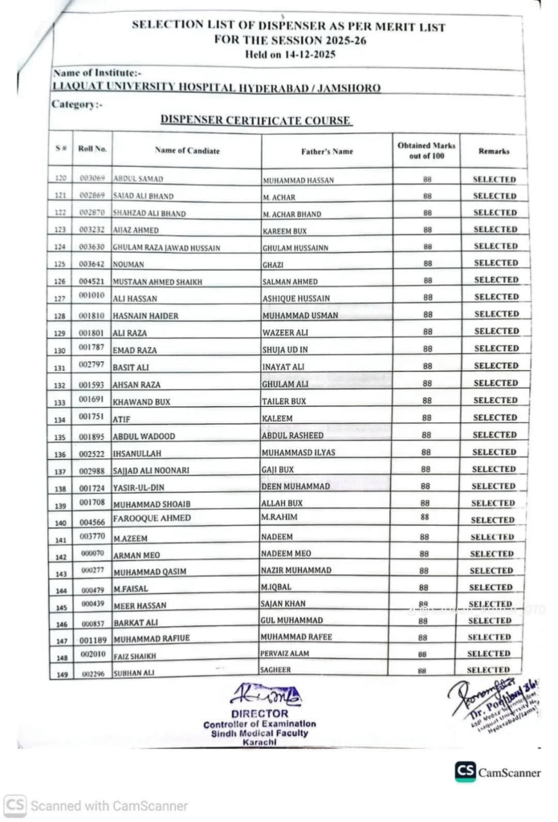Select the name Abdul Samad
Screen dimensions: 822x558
[x=139, y=179]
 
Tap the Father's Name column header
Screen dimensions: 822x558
[x=327, y=151]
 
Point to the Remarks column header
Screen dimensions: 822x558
[x=494, y=150]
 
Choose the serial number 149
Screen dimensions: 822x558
[x=60, y=673]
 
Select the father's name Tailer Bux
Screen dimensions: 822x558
[x=284, y=401]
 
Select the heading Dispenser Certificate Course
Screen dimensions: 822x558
[x=255, y=120]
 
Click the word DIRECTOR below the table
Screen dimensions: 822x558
[x=259, y=713]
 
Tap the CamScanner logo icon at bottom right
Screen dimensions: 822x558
[x=465, y=771]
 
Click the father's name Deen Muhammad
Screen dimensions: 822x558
[x=295, y=486]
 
